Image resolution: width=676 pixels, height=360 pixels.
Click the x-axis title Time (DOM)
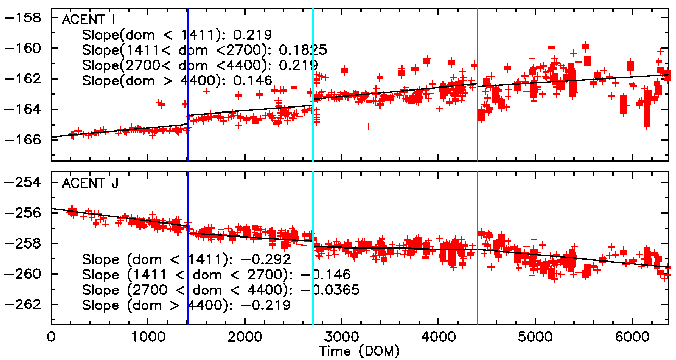click(x=359, y=352)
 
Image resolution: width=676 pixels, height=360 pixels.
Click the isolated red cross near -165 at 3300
click(x=368, y=127)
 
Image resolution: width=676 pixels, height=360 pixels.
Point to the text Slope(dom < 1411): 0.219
click(x=177, y=35)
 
